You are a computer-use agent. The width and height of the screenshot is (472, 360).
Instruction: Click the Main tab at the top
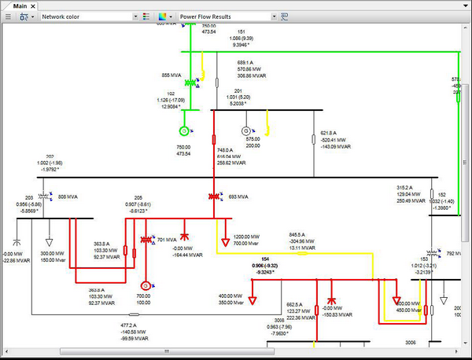pos(19,6)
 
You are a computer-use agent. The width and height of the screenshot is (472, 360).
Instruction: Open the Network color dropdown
pos(89,16)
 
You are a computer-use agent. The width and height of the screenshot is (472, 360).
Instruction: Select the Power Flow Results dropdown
pos(228,16)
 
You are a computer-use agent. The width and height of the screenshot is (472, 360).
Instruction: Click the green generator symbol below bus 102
pos(184,130)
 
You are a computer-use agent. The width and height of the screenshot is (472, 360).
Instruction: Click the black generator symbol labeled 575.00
pos(245,130)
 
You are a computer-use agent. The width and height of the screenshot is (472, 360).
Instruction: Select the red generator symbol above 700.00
pos(145,285)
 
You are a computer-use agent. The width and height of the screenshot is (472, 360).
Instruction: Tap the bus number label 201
pos(227,90)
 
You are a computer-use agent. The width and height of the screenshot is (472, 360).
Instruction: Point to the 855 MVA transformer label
pos(171,75)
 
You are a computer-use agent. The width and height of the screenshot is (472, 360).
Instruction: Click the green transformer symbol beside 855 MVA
pos(190,83)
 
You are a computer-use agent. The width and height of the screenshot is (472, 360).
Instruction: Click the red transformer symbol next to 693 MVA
pos(213,196)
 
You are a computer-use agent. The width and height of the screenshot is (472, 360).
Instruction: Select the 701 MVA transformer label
pos(167,239)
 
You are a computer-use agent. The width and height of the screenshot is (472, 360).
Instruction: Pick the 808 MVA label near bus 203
pos(68,196)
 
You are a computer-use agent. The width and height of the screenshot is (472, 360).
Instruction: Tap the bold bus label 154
pos(264,259)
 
